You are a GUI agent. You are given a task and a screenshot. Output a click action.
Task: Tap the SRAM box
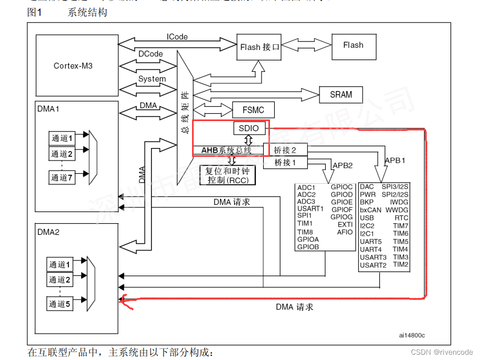tap(341, 95)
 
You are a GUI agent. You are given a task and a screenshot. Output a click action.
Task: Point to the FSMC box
tap(254, 110)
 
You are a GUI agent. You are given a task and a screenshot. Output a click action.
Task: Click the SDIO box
tap(249, 128)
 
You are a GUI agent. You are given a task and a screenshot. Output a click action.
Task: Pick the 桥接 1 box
tap(286, 163)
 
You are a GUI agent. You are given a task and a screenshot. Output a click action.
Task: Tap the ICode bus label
tap(177, 37)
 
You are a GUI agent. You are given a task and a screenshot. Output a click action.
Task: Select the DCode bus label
tap(151, 54)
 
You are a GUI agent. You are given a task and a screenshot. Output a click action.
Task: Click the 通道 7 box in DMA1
tap(62, 177)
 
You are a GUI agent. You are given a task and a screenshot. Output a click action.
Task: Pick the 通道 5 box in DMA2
tap(60, 304)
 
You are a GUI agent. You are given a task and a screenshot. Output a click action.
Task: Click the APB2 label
tap(342, 165)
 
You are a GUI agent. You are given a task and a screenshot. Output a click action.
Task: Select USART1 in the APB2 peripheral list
tap(310, 209)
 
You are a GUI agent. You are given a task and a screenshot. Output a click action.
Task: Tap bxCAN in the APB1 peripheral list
tap(370, 210)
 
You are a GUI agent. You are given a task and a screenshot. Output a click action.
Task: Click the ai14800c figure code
tap(412, 335)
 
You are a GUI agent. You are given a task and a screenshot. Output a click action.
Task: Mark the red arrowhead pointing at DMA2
tap(124, 300)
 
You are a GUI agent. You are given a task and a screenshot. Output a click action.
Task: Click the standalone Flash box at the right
tap(353, 45)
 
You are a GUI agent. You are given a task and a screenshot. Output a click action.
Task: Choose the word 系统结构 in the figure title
tap(87, 13)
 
